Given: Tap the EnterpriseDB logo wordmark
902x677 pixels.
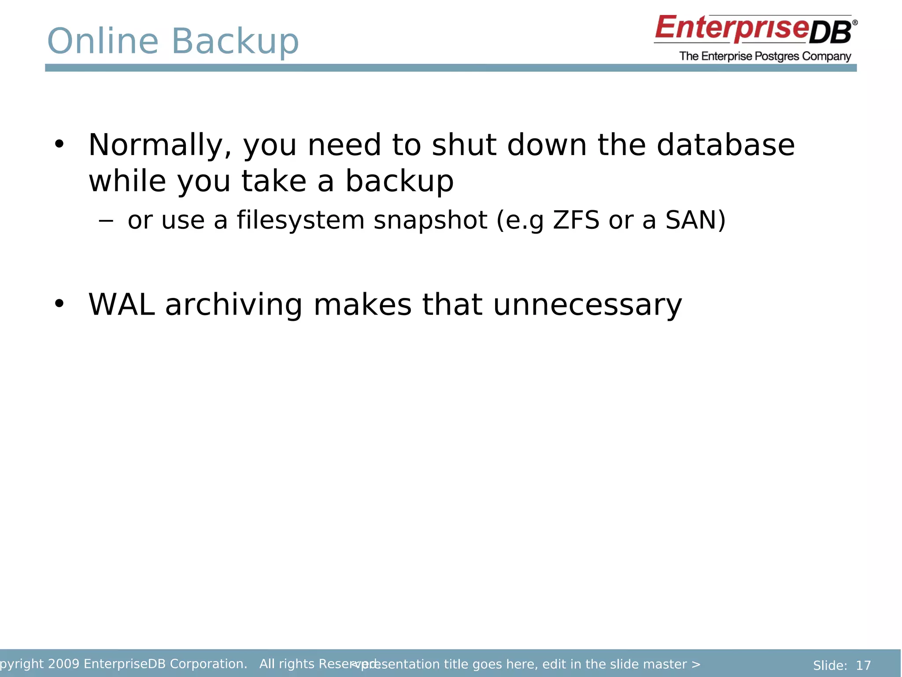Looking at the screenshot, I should pos(755,29).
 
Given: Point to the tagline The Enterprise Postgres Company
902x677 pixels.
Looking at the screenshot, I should pos(765,56).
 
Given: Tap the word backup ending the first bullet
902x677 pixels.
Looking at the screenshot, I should pos(399,181).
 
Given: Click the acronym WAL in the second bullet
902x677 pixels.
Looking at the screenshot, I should pos(122,305).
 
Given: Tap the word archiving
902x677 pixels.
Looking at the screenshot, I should pos(233,305).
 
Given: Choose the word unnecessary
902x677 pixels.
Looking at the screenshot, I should pos(588,305).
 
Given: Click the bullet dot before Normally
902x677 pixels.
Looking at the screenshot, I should pos(59,144).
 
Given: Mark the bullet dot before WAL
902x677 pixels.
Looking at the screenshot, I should pos(59,304).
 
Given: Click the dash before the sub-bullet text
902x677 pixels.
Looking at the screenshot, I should pos(106,220).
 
